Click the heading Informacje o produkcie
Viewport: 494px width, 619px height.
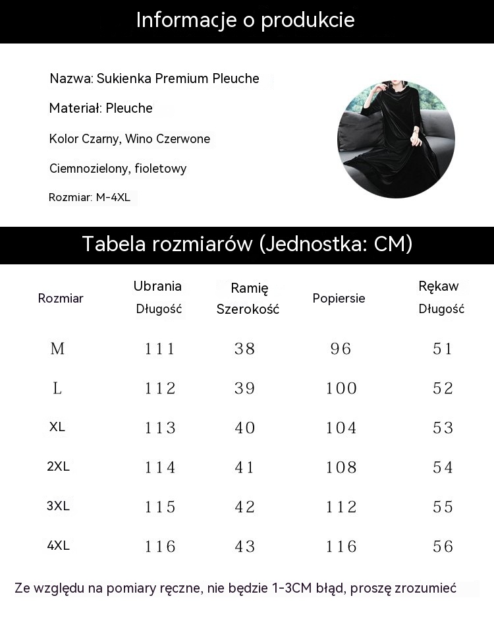(246, 20)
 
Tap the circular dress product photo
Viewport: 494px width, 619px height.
(396, 139)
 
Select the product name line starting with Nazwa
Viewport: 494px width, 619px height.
(155, 79)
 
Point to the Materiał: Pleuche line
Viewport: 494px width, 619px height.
(101, 108)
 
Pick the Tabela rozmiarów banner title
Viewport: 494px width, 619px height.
(247, 244)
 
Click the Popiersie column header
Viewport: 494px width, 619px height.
(339, 298)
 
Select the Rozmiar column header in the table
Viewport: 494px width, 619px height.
(61, 298)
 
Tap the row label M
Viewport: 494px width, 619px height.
(58, 349)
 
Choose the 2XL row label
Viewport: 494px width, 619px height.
(58, 467)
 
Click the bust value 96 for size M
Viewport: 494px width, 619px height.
(341, 349)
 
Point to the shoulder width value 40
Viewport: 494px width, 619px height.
(244, 428)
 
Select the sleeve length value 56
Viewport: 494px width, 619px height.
(443, 546)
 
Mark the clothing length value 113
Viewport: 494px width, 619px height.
(160, 428)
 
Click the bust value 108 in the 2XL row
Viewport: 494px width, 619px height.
(341, 467)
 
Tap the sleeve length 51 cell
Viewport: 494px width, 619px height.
(443, 349)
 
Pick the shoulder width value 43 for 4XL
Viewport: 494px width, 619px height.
(244, 546)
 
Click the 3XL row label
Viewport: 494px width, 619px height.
(58, 506)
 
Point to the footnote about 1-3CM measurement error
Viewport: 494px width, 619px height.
(235, 588)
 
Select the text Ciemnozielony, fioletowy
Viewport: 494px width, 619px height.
(118, 169)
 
